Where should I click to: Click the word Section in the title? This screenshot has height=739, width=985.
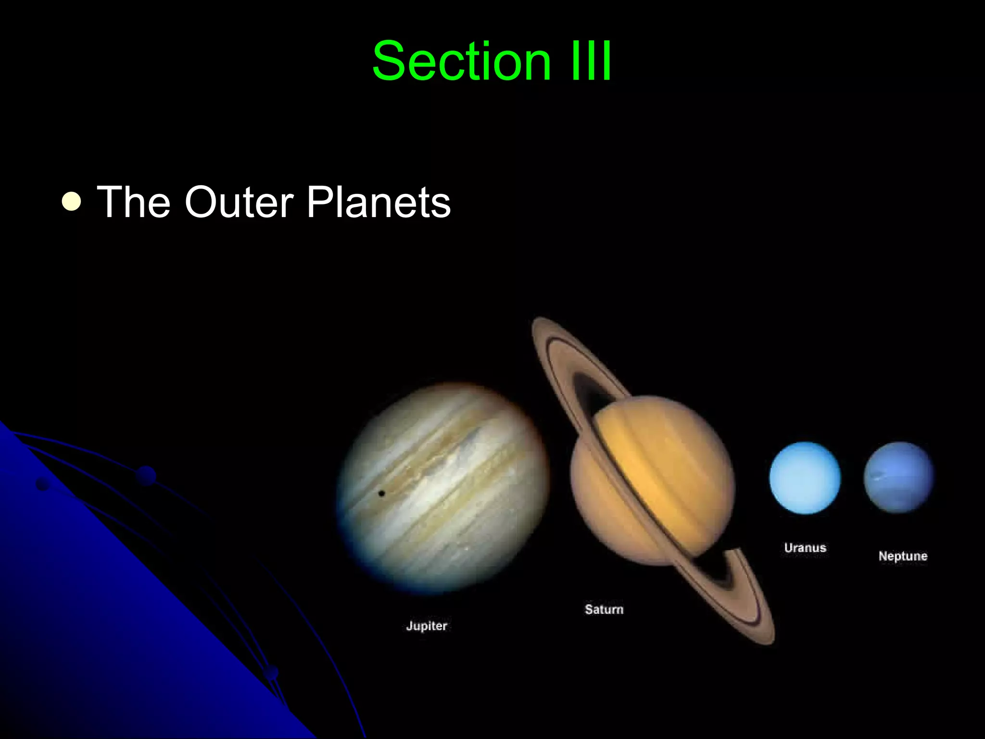(461, 61)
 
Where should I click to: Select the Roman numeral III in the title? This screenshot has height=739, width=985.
(591, 61)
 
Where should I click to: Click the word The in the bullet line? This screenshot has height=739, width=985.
(134, 202)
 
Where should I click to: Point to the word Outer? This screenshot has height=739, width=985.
(239, 202)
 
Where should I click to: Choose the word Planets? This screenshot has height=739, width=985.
(379, 202)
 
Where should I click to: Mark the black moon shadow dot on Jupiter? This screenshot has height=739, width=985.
(381, 493)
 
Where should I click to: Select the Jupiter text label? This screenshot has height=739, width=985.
(427, 625)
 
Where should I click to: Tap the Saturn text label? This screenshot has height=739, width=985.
(604, 609)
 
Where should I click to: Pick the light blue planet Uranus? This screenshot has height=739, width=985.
(805, 477)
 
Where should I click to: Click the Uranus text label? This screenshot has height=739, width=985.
(805, 548)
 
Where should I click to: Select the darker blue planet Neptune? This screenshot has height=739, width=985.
(898, 477)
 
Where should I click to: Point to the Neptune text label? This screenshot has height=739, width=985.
(903, 556)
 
